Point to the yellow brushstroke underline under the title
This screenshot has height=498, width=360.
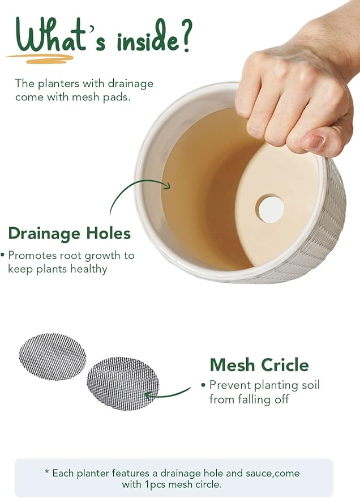click(x=40, y=58)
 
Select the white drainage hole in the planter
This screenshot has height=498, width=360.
click(x=271, y=209)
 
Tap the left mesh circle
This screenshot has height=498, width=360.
click(x=53, y=356)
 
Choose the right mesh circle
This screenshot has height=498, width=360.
click(x=123, y=384)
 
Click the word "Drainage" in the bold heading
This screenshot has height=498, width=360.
click(x=44, y=234)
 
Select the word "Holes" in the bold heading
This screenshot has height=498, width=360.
click(x=109, y=233)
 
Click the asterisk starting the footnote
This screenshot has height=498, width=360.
click(x=47, y=471)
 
